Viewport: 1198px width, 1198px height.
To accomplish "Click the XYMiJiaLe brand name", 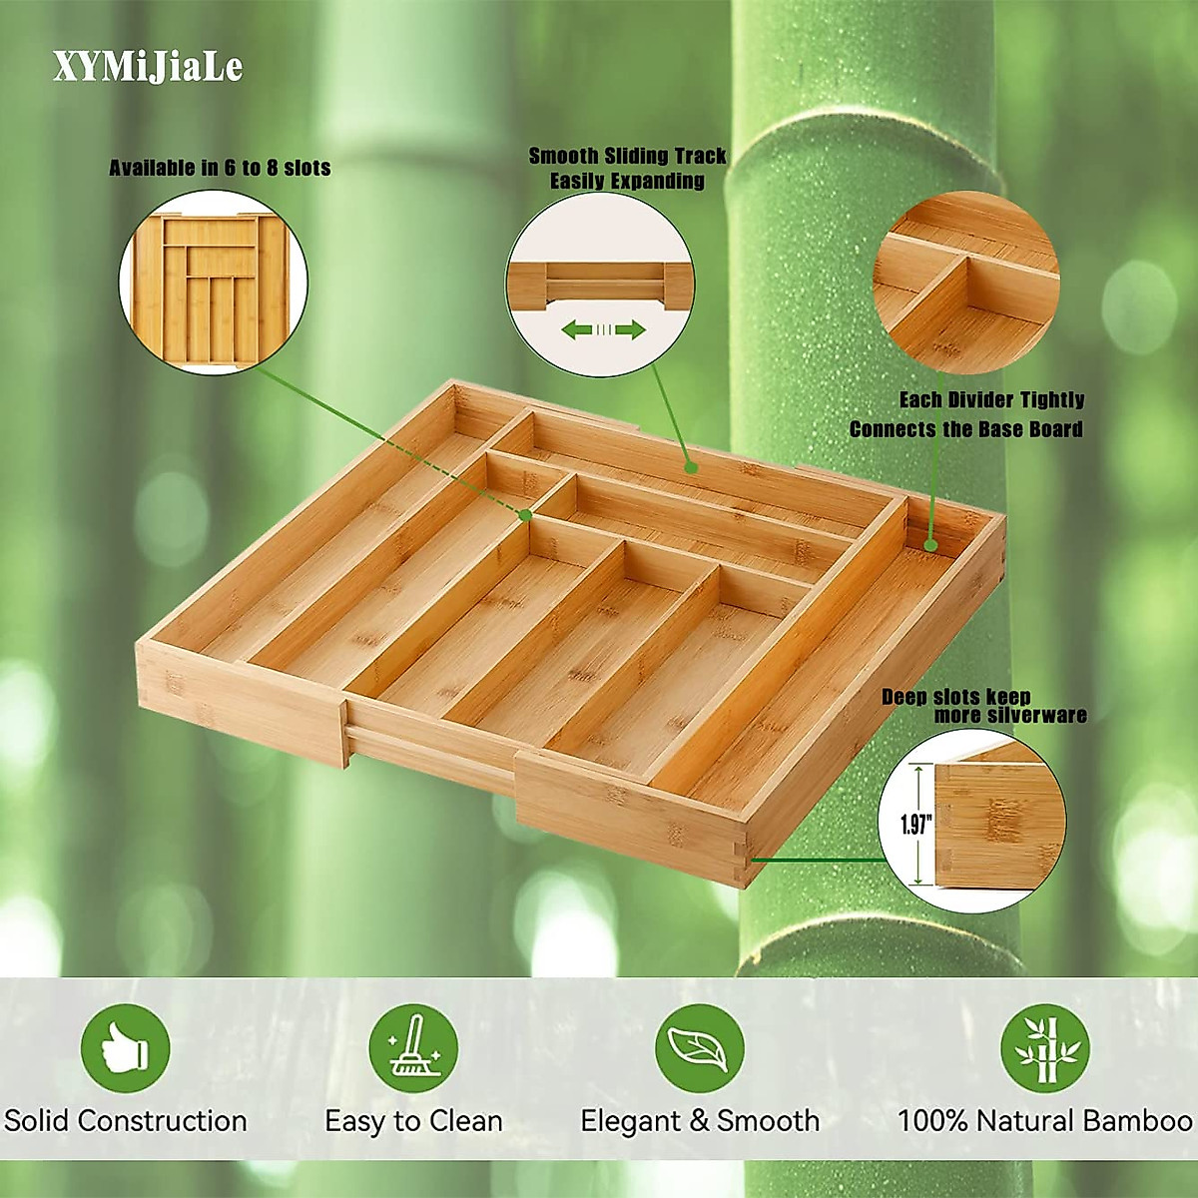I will (x=148, y=67).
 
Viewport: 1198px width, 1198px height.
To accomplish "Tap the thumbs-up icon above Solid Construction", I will (x=125, y=1048).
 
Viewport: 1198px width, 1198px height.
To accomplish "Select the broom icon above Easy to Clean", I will (x=412, y=1048).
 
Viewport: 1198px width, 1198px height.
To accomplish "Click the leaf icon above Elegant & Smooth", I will (x=699, y=1048).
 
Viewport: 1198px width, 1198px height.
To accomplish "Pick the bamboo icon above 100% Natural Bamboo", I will (x=1044, y=1048).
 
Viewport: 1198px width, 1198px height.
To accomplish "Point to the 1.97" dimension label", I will (x=915, y=825).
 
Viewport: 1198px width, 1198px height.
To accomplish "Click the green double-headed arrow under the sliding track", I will (x=602, y=329).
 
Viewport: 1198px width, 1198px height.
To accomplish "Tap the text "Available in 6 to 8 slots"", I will (x=220, y=168).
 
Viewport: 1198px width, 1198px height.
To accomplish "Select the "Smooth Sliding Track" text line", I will (x=627, y=156).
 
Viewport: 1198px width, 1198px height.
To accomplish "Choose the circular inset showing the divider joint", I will (x=965, y=282).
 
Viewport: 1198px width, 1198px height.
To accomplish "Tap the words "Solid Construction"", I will (x=126, y=1120).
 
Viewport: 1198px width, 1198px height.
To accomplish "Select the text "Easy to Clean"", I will (x=413, y=1121).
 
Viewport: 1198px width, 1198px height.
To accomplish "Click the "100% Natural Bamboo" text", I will (x=1044, y=1120).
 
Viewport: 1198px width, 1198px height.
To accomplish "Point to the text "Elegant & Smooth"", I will (x=700, y=1120).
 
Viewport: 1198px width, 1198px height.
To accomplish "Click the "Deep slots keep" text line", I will (x=955, y=696).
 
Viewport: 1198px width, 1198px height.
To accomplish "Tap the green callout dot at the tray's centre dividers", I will (x=525, y=513).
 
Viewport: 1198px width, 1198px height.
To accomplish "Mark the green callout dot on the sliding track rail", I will (x=689, y=466).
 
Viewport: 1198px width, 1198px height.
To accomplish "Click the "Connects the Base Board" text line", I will (x=965, y=429).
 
